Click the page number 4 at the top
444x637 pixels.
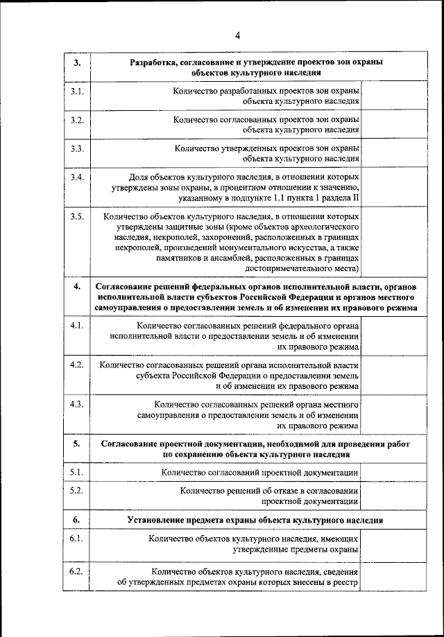(x=237, y=35)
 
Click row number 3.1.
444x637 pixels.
(x=77, y=91)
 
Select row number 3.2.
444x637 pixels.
(x=77, y=120)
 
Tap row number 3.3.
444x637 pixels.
(x=77, y=148)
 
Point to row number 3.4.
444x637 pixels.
(x=77, y=177)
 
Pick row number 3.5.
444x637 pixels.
(x=77, y=216)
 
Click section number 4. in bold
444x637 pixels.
(x=77, y=286)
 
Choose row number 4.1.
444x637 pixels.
(x=77, y=324)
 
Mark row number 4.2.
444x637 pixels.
(x=77, y=364)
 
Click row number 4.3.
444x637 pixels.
(x=77, y=403)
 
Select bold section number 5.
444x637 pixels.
(x=77, y=443)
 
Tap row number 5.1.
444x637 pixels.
(x=77, y=473)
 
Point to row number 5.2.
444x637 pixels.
(x=77, y=491)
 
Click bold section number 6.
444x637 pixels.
(x=77, y=519)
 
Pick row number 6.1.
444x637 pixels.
(x=77, y=538)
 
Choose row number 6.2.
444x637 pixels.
(x=77, y=572)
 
